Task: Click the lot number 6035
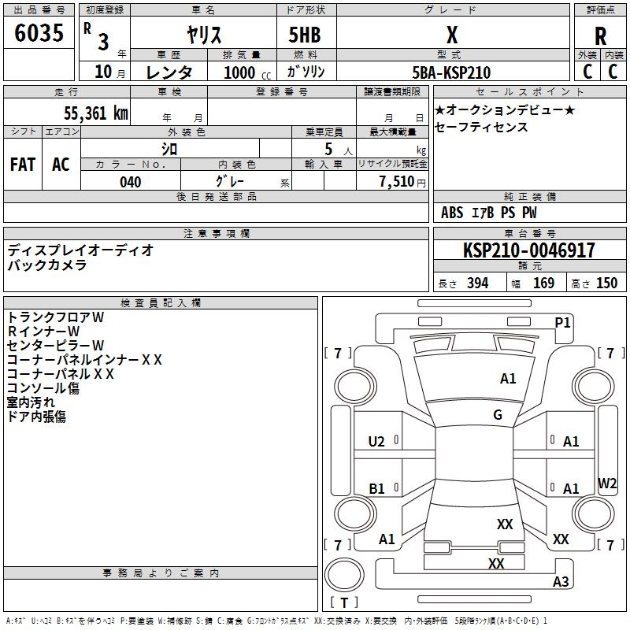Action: [39, 33]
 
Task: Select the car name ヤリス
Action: [204, 35]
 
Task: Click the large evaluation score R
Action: [600, 36]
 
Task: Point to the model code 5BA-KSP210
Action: [452, 72]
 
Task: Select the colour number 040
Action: [130, 182]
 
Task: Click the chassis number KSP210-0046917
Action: [529, 250]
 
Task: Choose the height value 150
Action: [606, 283]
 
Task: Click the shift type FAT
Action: [23, 165]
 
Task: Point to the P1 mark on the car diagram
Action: [562, 322]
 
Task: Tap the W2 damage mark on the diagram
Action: [607, 484]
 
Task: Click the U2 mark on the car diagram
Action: [376, 442]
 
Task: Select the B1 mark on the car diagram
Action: [376, 489]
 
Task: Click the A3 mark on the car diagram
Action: [561, 582]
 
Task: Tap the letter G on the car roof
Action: [498, 415]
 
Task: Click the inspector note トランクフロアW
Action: [55, 317]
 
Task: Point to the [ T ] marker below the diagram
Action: [343, 603]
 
